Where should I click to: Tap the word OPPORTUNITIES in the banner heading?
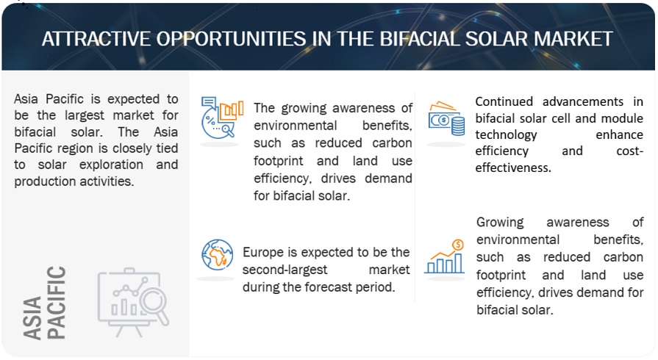(232, 39)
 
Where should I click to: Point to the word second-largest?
(285, 270)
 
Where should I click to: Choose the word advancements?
(583, 102)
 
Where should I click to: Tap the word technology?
(506, 135)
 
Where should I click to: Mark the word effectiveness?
(513, 168)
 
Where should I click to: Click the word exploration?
(111, 165)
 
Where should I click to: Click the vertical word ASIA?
(33, 317)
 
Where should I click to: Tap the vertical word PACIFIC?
(56, 303)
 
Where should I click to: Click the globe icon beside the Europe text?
(217, 255)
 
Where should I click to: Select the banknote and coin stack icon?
(446, 118)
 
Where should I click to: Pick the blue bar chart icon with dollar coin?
(445, 257)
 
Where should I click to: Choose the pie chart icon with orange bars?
(221, 118)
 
